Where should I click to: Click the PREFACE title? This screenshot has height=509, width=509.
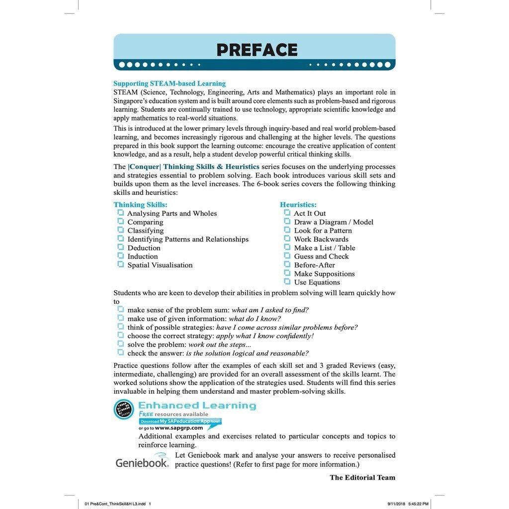click(x=256, y=50)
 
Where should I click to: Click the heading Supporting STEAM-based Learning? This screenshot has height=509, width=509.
click(x=170, y=84)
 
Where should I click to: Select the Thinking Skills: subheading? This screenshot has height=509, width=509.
click(x=140, y=205)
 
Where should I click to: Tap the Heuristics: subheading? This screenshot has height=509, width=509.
click(x=298, y=205)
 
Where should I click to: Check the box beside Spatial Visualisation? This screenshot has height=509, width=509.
click(x=120, y=264)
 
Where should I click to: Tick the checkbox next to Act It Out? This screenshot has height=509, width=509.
click(x=287, y=213)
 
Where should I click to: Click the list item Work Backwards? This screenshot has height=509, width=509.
click(x=321, y=239)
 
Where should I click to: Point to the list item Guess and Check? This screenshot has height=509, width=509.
click(x=321, y=256)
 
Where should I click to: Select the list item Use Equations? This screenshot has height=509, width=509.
click(x=317, y=282)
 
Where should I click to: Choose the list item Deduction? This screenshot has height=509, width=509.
click(x=144, y=248)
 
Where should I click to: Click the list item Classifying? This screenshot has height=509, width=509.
click(x=145, y=231)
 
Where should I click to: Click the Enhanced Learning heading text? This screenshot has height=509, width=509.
click(x=197, y=406)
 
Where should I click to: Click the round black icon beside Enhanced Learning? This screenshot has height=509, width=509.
click(x=124, y=409)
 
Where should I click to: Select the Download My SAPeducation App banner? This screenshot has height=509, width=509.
click(x=180, y=421)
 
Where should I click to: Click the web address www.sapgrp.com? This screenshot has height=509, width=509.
click(x=178, y=428)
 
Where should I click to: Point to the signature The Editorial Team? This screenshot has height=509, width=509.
click(x=362, y=478)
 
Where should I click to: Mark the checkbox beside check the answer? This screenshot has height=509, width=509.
click(x=120, y=352)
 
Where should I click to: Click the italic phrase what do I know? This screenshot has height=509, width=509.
click(x=254, y=319)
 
